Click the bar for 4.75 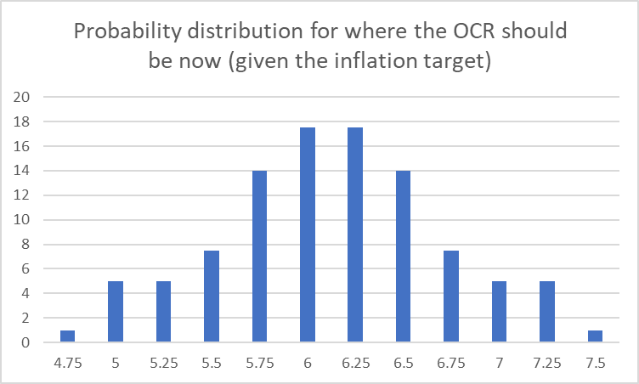[67, 336]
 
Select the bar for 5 [116, 312]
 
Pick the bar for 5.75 [259, 257]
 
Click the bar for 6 [308, 235]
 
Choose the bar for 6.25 [355, 235]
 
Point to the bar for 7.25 [547, 312]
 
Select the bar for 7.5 [595, 336]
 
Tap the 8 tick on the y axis [26, 245]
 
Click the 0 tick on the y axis [26, 343]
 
